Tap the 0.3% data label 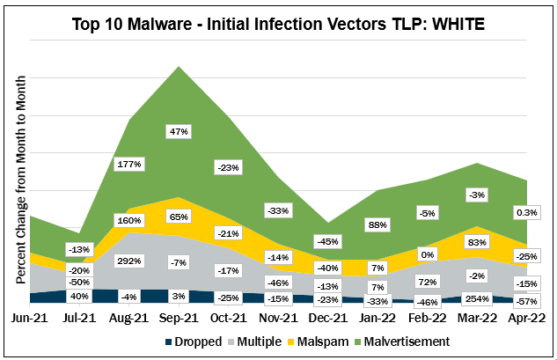point(528,213)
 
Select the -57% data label point(528,302)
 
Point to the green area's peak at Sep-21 point(180,67)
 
